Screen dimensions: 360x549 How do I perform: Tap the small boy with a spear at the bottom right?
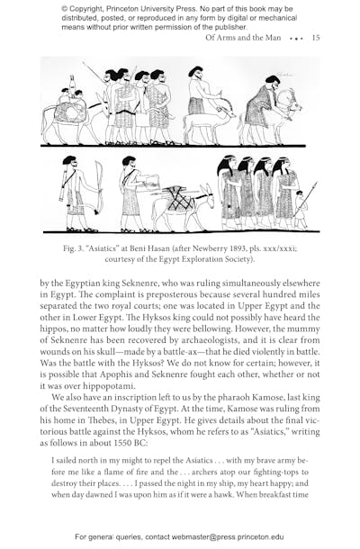(x=299, y=209)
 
